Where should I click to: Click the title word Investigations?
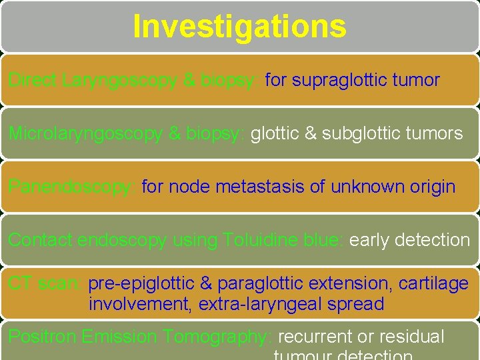(x=239, y=27)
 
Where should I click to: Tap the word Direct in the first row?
(x=33, y=81)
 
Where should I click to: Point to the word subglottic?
(x=371, y=133)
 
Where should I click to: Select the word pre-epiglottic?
(x=140, y=283)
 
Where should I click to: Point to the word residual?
(x=410, y=337)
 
